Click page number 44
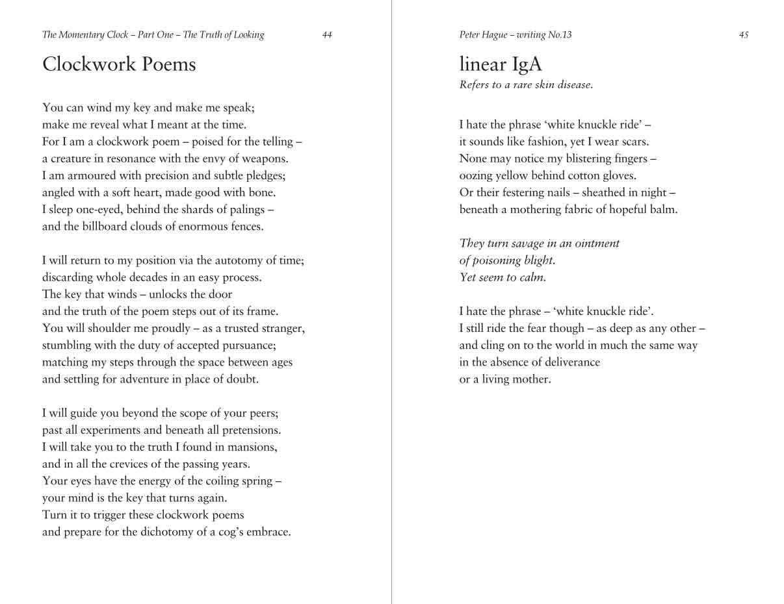coord(327,35)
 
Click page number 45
coord(744,35)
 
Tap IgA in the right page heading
coord(527,64)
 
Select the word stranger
coord(280,328)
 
